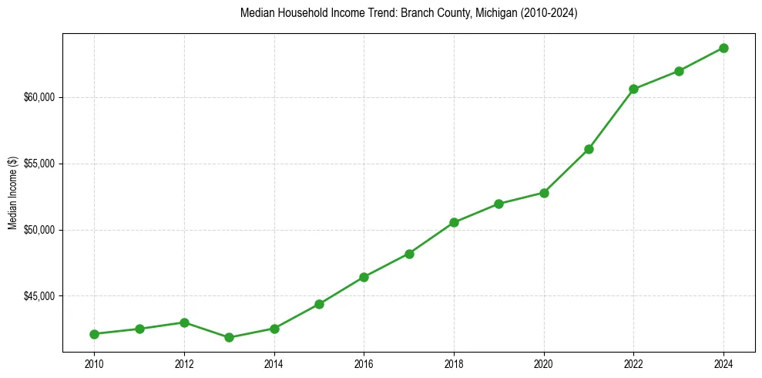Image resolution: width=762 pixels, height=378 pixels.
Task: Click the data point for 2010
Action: click(x=94, y=334)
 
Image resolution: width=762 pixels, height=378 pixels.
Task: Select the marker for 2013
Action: click(x=229, y=337)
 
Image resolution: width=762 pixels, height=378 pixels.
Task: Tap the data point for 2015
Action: click(x=319, y=304)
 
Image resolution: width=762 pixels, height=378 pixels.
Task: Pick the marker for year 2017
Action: click(x=409, y=254)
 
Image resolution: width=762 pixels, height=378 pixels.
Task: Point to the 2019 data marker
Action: click(x=499, y=204)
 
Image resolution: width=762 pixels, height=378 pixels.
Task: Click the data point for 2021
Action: click(x=589, y=149)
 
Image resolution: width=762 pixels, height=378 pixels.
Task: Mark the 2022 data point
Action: click(x=633, y=89)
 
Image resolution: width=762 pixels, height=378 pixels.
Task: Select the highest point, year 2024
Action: click(x=723, y=48)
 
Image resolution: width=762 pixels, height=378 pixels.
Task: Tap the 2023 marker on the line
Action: click(x=679, y=71)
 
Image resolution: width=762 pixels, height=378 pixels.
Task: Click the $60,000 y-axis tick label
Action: click(x=40, y=97)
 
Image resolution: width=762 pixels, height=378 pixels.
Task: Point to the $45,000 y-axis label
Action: click(x=40, y=296)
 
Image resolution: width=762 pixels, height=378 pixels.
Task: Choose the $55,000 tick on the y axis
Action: click(x=40, y=164)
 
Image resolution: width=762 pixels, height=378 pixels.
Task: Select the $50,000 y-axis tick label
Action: click(x=40, y=230)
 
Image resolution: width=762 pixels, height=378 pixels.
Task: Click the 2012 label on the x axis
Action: click(x=184, y=363)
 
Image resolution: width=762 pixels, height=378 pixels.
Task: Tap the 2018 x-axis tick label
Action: click(x=454, y=363)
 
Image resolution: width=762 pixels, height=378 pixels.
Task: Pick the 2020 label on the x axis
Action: click(x=544, y=363)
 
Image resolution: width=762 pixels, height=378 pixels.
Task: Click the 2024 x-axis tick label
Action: click(x=723, y=363)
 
